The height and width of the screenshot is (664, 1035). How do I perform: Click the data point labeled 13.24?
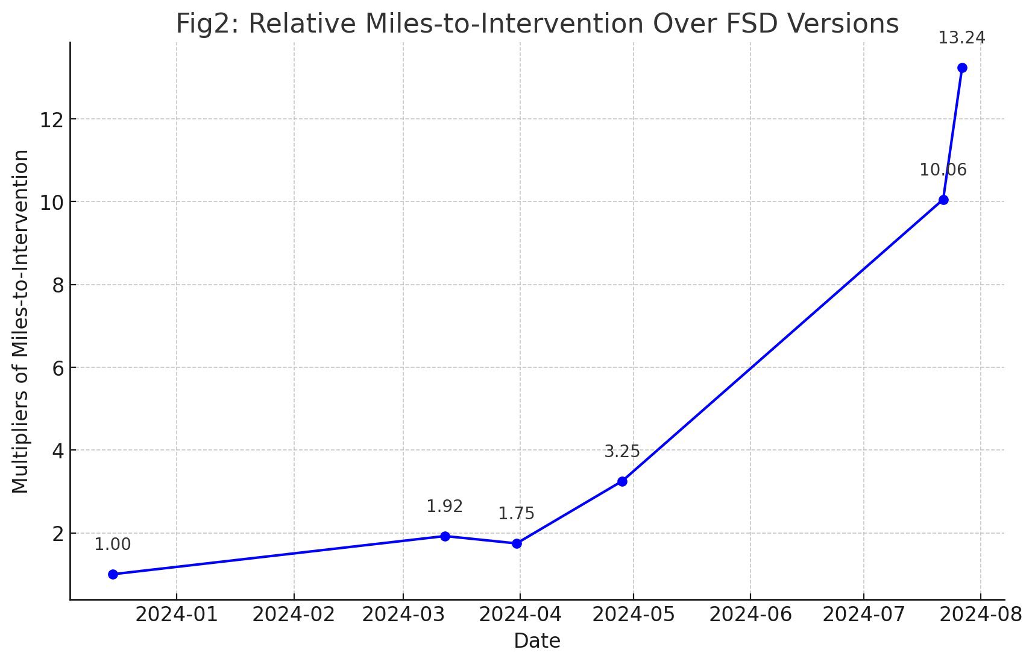pos(962,68)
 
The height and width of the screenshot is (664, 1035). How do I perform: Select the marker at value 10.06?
pos(943,200)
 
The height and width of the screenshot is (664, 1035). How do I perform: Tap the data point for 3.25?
pos(622,481)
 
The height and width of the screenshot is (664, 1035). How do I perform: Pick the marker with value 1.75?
pos(517,543)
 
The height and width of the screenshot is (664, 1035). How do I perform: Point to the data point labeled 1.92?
pos(445,536)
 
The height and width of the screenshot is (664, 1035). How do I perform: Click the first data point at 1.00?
pos(113,574)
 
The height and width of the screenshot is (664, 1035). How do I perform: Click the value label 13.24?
pos(961,38)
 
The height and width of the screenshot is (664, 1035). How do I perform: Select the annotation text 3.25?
pos(621,452)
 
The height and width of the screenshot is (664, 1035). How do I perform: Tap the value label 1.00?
pos(112,545)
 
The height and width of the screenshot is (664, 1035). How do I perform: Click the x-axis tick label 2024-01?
pos(176,616)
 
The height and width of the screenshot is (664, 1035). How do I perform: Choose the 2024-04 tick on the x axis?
pos(520,616)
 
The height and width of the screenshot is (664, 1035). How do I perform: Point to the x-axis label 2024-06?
pos(750,616)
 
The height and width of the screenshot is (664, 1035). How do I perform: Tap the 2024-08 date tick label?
pos(980,616)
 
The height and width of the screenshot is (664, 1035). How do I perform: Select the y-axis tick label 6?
pos(58,368)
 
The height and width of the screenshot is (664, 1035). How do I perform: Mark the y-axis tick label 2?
pos(58,534)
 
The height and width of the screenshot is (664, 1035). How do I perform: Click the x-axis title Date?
pos(536,641)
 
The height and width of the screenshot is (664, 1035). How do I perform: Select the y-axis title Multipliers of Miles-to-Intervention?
pos(20,321)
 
